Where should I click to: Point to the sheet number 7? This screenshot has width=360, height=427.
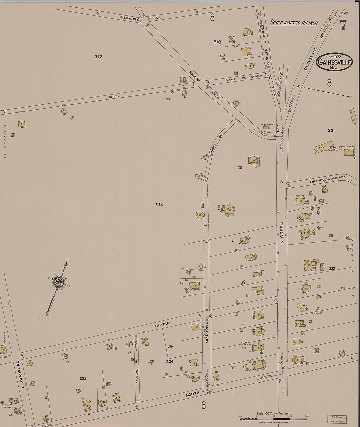point(343,25)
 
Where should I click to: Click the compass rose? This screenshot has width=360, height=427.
point(59,282)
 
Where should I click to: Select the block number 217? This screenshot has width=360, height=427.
point(98,57)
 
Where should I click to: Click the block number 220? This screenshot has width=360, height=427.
point(159,205)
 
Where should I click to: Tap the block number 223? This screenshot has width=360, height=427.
point(83,378)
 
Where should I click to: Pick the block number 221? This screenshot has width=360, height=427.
point(331,130)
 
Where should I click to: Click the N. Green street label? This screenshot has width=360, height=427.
point(282,233)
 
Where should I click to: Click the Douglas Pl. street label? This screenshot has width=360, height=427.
point(137,376)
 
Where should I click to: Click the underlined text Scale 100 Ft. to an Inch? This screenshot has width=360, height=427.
point(294,23)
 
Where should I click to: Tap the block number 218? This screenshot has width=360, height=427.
point(217,42)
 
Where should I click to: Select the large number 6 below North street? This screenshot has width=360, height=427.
point(203,406)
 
